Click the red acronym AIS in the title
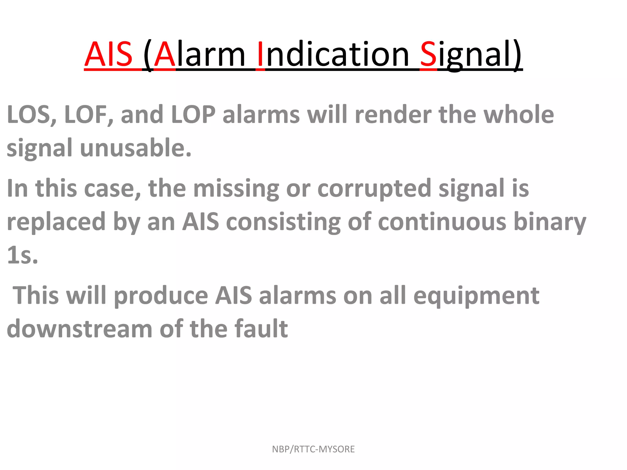(108, 54)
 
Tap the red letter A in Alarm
(165, 54)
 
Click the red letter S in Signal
(428, 54)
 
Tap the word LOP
(193, 115)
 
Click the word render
(393, 115)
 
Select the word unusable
(135, 148)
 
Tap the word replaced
(56, 222)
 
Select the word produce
(161, 296)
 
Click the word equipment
(476, 296)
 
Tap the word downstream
(79, 329)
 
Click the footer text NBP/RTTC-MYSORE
(313, 449)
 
